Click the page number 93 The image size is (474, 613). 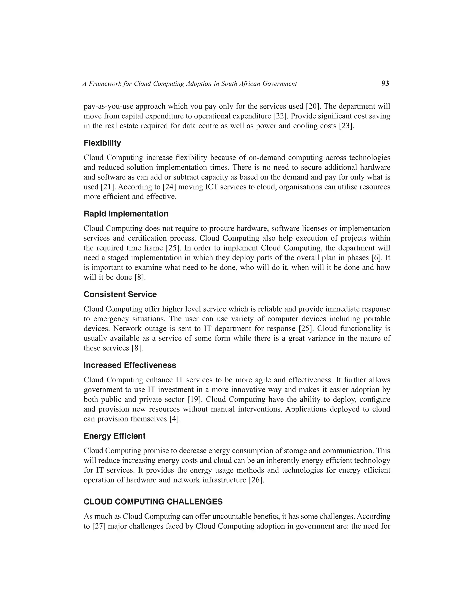pyautogui.click(x=385, y=83)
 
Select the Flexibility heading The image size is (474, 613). pyautogui.click(x=102, y=143)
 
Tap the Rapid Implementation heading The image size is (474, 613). pyautogui.click(x=126, y=214)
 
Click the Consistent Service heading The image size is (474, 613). pyautogui.click(x=120, y=294)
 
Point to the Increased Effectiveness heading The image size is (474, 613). pyautogui.click(x=130, y=365)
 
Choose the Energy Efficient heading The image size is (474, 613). pyautogui.click(x=115, y=436)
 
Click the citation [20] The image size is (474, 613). pyautogui.click(x=312, y=106)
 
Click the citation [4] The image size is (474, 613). pyautogui.click(x=175, y=419)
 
